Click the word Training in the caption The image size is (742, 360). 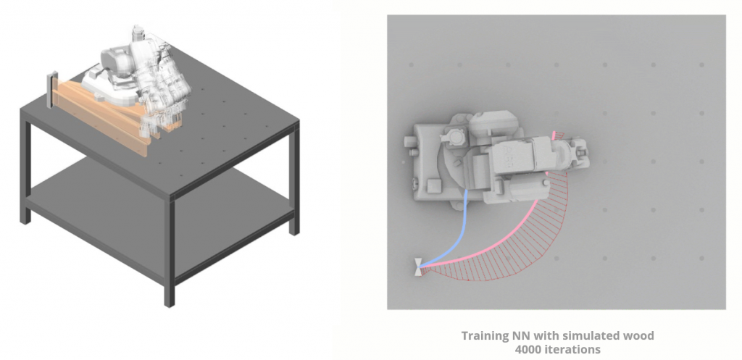484,336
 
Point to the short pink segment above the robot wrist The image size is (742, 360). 554,135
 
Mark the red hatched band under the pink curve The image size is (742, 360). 511,246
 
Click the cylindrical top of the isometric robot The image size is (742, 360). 137,33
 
